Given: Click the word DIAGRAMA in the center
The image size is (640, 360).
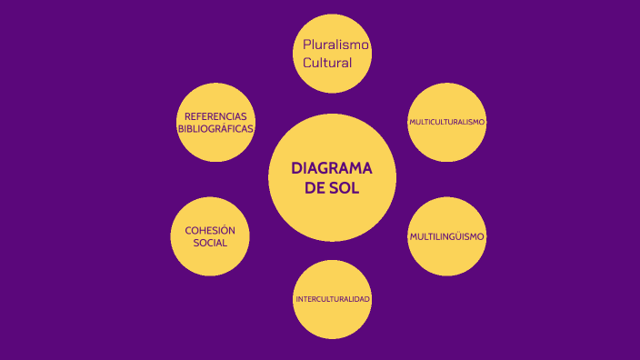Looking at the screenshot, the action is pyautogui.click(x=332, y=169).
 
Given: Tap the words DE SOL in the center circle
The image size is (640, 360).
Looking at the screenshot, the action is pyautogui.click(x=332, y=189).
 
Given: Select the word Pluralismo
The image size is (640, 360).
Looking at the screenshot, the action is pyautogui.click(x=336, y=45).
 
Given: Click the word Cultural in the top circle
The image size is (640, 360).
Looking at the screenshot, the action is pyautogui.click(x=326, y=63).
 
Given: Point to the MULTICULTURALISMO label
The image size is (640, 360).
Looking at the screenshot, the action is pyautogui.click(x=446, y=122).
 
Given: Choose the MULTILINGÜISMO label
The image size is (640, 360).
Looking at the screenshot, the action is pyautogui.click(x=446, y=236).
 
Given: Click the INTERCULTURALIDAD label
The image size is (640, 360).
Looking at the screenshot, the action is pyautogui.click(x=332, y=299).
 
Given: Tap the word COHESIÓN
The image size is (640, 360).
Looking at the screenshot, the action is pyautogui.click(x=210, y=231).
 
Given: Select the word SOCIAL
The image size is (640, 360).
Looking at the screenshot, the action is pyautogui.click(x=210, y=244).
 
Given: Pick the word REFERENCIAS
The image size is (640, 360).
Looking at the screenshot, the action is pyautogui.click(x=215, y=117).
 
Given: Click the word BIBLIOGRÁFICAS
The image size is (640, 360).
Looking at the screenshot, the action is pyautogui.click(x=215, y=130).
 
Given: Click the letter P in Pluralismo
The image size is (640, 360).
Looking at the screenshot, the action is pyautogui.click(x=307, y=45).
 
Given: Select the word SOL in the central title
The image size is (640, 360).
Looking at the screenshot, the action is pyautogui.click(x=345, y=189).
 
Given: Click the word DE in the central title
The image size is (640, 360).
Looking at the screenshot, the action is pyautogui.click(x=315, y=189).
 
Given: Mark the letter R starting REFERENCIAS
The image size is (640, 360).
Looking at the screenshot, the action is pyautogui.click(x=187, y=117).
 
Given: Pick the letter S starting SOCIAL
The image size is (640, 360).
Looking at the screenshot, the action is pyautogui.click(x=196, y=244).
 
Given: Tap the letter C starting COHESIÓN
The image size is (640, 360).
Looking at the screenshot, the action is pyautogui.click(x=188, y=231).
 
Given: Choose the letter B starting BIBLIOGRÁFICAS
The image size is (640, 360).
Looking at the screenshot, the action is pyautogui.click(x=181, y=130).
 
